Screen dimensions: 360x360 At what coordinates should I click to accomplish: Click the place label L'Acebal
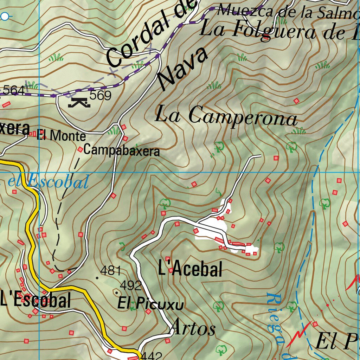190,270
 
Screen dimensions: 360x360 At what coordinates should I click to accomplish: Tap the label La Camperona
226,116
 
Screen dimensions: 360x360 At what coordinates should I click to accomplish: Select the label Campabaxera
122,151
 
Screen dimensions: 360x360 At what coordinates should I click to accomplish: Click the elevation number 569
100,95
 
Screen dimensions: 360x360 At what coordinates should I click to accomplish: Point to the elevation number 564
14,90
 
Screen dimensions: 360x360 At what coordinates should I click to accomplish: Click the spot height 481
110,271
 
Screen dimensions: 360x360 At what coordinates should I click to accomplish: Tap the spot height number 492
131,285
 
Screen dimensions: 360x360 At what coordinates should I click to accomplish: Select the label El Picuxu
150,304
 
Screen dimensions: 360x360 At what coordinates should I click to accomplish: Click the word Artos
193,329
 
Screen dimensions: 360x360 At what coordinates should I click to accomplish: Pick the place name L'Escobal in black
36,301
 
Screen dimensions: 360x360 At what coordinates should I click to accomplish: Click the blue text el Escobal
48,182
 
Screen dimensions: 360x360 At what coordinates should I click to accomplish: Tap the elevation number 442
151,356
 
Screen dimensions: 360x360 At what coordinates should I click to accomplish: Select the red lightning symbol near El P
298,334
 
